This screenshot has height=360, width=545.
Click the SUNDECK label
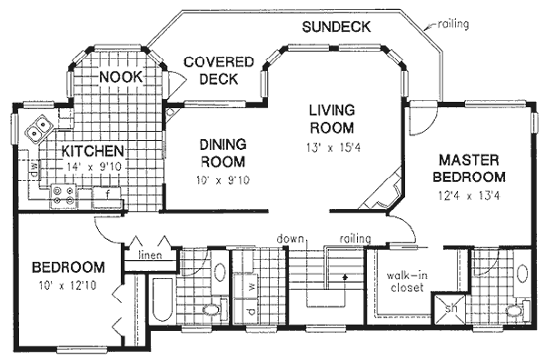tap(336, 26)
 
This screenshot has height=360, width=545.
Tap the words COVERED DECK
tap(219, 71)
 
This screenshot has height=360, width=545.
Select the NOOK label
tap(121, 77)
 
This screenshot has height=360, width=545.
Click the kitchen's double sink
tap(38, 128)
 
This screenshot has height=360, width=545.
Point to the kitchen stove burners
tap(63, 195)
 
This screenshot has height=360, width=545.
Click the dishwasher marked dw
tap(35, 169)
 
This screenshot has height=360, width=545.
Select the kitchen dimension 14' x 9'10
tap(94, 167)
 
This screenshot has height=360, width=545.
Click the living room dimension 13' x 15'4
tap(333, 148)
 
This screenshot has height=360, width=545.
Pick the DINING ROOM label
tap(223, 153)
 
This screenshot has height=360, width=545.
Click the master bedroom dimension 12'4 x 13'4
tap(469, 196)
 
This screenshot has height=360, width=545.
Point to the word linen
tap(150, 255)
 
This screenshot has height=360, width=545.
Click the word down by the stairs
tap(291, 239)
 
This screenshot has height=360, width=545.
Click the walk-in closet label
tap(407, 282)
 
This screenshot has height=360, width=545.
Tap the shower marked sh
tap(451, 308)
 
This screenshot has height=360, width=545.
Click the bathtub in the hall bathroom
tap(163, 300)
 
